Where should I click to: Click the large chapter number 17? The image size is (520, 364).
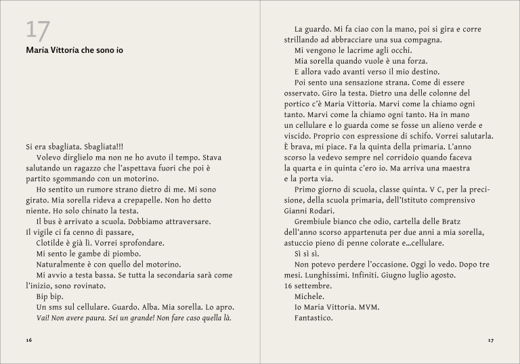(x=38, y=30)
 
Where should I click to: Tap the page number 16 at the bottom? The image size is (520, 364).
(x=28, y=340)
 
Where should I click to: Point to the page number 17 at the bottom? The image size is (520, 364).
(x=491, y=340)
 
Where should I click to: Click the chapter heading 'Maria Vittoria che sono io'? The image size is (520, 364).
(x=74, y=50)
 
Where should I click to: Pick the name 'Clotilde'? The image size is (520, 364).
(x=52, y=243)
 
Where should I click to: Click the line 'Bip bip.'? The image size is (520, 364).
(x=49, y=296)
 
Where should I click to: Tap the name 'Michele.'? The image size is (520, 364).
(x=309, y=296)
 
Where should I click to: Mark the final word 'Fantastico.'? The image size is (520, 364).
(x=314, y=318)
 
